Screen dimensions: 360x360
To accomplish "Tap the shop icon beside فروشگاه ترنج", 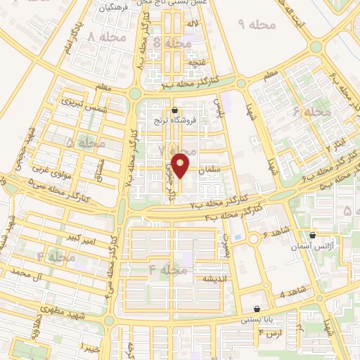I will [x=174, y=110].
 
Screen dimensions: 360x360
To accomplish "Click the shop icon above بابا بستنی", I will [x=257, y=308].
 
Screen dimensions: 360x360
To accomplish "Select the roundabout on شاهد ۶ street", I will [x=252, y=238].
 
